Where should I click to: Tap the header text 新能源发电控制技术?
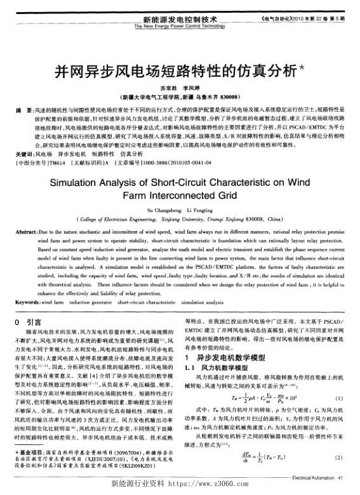[180, 20]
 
